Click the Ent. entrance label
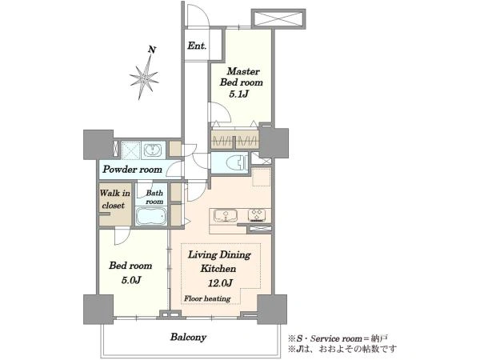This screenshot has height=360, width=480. click(x=197, y=46)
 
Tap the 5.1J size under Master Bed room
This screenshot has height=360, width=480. click(x=238, y=94)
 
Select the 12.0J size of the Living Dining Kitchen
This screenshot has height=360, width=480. click(x=220, y=283)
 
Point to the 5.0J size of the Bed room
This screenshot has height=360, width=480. click(x=131, y=279)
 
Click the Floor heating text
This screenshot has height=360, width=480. click(x=207, y=298)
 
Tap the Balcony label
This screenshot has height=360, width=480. click(x=188, y=338)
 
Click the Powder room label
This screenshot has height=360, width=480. click(x=132, y=170)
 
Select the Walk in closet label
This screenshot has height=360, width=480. click(x=114, y=199)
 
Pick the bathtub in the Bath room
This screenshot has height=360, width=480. click(x=151, y=216)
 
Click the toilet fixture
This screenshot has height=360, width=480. click(x=236, y=162)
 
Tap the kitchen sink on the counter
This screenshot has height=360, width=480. click(x=226, y=215)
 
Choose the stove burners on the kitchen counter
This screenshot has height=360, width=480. click(x=257, y=215)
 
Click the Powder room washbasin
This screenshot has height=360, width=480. click(x=153, y=150)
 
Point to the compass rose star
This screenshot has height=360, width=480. click(x=144, y=78)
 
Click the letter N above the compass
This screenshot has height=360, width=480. click(x=152, y=50)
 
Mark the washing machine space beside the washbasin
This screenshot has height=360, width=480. click(x=131, y=150)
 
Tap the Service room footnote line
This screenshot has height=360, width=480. click(x=338, y=338)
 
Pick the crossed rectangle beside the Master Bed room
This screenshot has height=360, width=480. click(x=278, y=19)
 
